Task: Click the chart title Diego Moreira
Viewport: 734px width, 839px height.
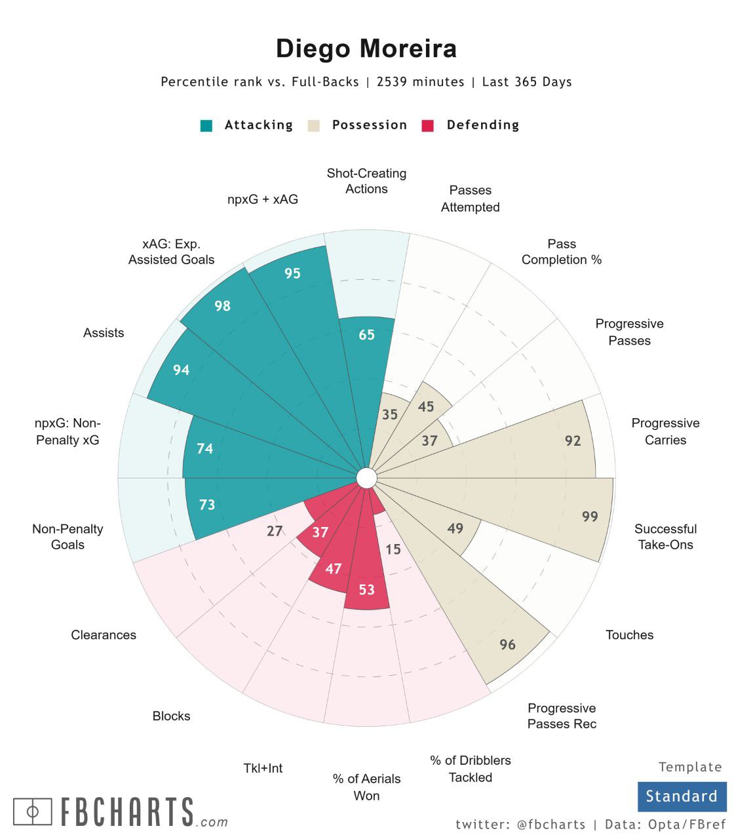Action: point(366,49)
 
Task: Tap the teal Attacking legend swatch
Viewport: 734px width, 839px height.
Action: point(206,126)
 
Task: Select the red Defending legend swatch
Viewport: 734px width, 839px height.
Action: point(428,126)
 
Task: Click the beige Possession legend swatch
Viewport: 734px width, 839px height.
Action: point(313,126)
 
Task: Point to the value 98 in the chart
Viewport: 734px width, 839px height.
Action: point(223,305)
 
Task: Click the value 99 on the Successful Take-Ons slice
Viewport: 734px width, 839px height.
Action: point(590,517)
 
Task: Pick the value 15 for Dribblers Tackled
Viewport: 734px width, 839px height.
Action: point(393,549)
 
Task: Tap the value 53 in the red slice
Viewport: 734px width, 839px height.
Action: point(366,589)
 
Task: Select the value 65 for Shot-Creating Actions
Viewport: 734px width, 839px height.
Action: point(366,335)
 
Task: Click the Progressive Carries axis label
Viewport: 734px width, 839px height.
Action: point(665,431)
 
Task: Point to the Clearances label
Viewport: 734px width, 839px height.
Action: point(104,634)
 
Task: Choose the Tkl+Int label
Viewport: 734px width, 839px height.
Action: point(263,768)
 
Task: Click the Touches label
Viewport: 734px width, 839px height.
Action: point(629,634)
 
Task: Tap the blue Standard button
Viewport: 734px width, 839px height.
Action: point(682,796)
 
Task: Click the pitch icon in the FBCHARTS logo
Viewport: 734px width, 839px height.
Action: point(32,811)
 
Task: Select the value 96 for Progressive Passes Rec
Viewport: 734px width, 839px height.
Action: point(507,644)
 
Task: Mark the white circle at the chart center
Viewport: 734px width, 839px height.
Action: point(367,478)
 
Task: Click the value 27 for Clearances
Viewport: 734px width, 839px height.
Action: point(275,531)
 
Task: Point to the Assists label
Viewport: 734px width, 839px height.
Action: point(104,333)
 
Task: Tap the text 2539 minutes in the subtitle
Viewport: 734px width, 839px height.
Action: point(420,82)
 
